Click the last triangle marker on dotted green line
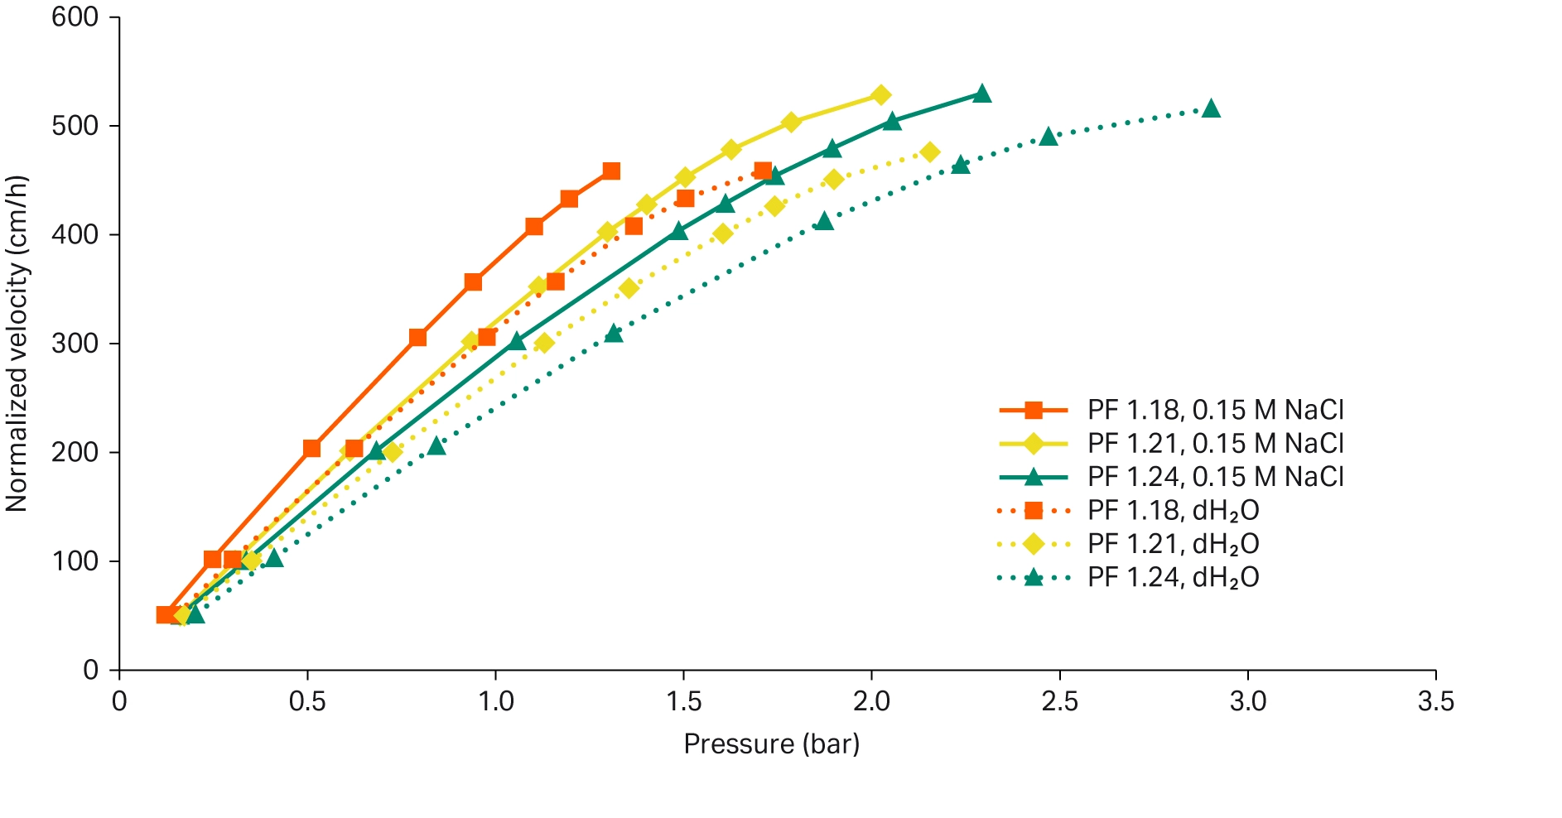tap(1211, 108)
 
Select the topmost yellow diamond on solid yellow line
tap(881, 95)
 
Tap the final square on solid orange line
tap(611, 171)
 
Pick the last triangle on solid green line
tap(982, 94)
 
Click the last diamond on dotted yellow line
tap(930, 152)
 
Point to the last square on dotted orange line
tap(763, 171)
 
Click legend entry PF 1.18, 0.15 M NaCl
tap(1215, 410)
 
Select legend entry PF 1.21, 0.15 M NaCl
tap(1215, 444)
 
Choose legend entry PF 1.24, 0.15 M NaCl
tap(1215, 477)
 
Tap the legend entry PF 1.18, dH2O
tap(1173, 511)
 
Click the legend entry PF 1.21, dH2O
tap(1173, 544)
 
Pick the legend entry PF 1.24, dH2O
tap(1173, 577)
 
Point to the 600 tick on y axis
tap(75, 17)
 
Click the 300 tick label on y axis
tap(75, 344)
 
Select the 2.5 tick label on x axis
tap(1059, 702)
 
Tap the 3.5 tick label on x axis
tap(1435, 702)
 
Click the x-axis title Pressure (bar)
tap(771, 743)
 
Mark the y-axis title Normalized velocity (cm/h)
tap(17, 344)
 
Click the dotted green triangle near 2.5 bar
tap(1049, 137)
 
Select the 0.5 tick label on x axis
tap(307, 702)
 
